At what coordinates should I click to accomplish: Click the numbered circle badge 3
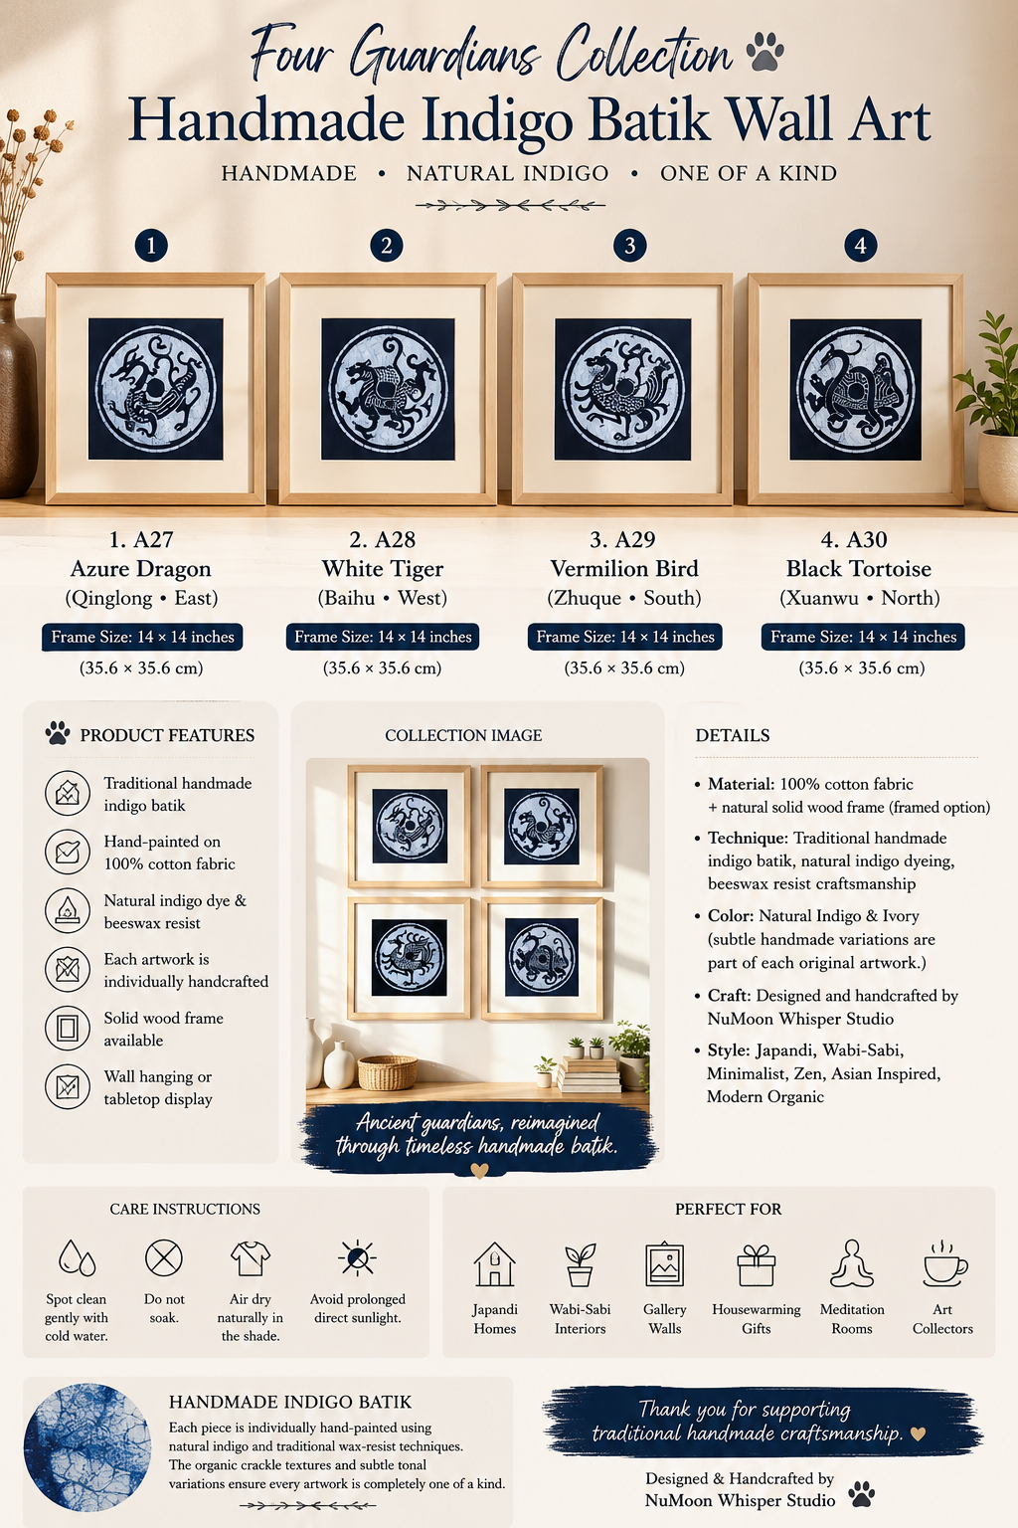pos(629,245)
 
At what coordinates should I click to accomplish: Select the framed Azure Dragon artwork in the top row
pos(155,388)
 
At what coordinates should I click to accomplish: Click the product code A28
pos(395,539)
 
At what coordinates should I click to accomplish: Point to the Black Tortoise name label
pos(859,568)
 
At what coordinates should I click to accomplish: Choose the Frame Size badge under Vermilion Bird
pos(624,637)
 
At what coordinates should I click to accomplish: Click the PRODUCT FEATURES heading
pos(167,735)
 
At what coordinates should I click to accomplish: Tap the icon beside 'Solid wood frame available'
pos(68,1028)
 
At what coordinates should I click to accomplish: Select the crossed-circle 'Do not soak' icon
pos(164,1257)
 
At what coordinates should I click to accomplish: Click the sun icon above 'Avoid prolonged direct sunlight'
pos(357,1257)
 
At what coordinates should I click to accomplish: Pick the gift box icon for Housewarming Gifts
pos(757,1264)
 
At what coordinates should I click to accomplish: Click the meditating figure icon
pos(852,1263)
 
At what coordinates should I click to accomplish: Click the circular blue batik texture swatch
pos(87,1446)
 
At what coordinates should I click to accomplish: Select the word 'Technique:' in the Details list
pos(748,838)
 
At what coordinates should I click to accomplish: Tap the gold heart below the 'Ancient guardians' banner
pos(479,1171)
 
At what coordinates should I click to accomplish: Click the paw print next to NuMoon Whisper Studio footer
pos(862,1493)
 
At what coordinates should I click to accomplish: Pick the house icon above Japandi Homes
pos(494,1263)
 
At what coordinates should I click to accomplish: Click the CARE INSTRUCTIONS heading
pos(185,1209)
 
